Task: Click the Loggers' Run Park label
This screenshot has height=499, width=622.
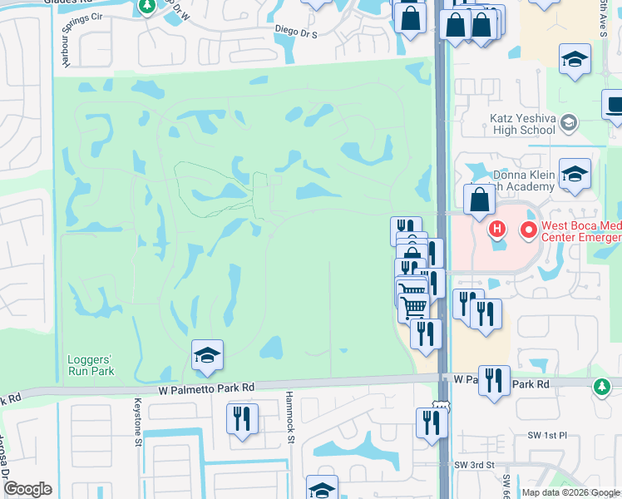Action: click(90, 365)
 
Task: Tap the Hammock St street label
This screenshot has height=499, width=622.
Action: click(291, 417)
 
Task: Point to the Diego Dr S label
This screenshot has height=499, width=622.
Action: click(297, 30)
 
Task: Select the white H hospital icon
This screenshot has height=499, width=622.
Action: click(497, 228)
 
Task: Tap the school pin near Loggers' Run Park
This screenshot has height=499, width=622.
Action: click(206, 356)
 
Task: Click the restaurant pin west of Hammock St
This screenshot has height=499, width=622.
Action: click(242, 418)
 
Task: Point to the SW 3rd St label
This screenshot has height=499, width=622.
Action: click(475, 465)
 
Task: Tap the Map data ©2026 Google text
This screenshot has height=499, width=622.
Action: click(570, 492)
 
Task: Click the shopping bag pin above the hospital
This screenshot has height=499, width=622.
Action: click(480, 200)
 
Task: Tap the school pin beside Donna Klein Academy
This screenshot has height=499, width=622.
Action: click(575, 174)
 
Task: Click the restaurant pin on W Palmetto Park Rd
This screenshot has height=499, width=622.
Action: click(495, 381)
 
